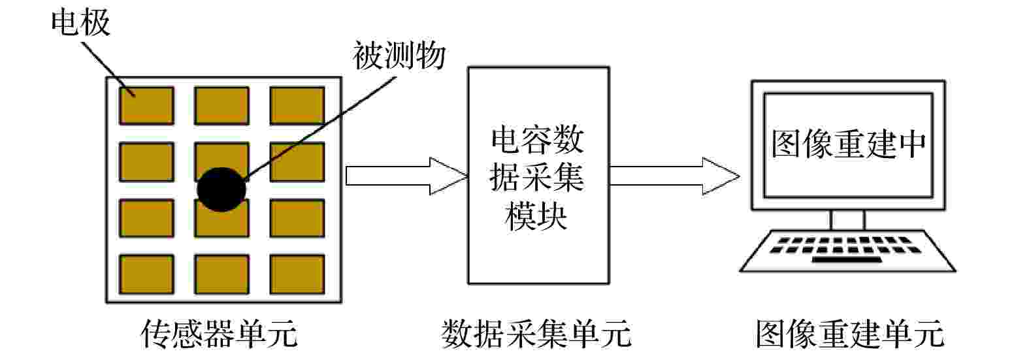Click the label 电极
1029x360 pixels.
tap(80, 22)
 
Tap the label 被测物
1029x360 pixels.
tap(399, 55)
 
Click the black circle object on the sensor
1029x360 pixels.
tap(221, 189)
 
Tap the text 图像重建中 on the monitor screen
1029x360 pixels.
tap(849, 144)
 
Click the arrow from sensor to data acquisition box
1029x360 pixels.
tap(406, 176)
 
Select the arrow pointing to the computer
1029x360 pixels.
tap(674, 176)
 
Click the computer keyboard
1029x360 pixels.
tap(848, 251)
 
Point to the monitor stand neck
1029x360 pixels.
tap(848, 220)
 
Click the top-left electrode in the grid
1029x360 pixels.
tap(147, 106)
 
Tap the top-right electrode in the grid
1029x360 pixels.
tap(297, 106)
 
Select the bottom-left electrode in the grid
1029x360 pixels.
tap(147, 274)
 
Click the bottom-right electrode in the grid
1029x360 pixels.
tap(297, 274)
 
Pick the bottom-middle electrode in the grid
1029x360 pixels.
tap(222, 274)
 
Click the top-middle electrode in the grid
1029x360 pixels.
tap(222, 106)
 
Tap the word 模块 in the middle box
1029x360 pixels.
tap(536, 216)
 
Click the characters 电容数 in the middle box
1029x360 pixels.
tap(538, 140)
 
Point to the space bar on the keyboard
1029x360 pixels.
tap(847, 260)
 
